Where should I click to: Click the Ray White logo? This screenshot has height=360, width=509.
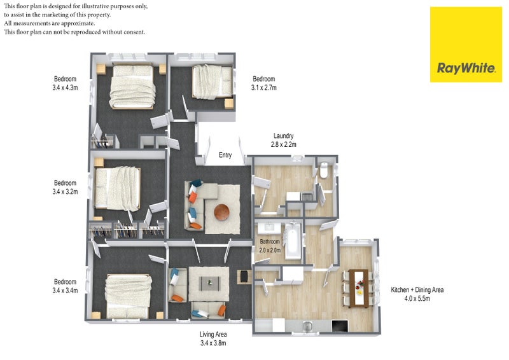click(466, 45)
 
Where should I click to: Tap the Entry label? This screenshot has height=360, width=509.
click(225, 155)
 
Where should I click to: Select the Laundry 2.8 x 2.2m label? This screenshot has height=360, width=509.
click(283, 140)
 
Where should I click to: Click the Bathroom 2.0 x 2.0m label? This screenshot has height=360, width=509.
click(270, 246)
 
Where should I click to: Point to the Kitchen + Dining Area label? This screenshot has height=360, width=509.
click(417, 294)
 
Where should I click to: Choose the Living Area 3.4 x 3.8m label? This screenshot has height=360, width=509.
click(213, 338)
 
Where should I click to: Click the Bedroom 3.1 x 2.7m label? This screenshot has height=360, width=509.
click(264, 83)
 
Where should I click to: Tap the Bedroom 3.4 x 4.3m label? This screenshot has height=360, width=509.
click(66, 83)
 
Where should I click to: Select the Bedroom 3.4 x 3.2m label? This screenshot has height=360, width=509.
click(66, 187)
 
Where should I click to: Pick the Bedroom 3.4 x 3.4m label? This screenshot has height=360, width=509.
click(66, 286)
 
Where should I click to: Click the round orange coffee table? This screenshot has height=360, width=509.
click(221, 212)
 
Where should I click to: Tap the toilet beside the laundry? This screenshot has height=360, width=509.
click(324, 170)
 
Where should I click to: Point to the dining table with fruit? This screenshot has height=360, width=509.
click(359, 288)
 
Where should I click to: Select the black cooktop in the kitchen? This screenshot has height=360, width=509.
click(340, 326)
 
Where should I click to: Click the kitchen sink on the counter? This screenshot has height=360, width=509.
click(307, 326)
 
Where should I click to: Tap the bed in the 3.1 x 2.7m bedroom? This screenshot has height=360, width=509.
click(213, 81)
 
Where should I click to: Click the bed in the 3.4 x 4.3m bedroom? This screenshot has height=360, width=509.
click(132, 87)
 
